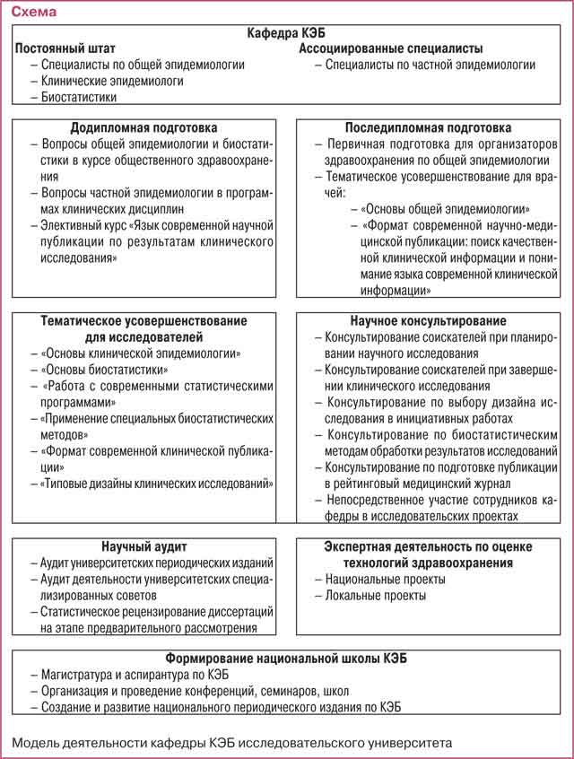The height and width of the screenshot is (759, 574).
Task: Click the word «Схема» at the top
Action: tap(31, 13)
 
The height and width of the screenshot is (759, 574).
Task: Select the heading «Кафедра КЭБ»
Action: tap(286, 33)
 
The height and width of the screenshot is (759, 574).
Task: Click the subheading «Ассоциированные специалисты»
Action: tap(391, 48)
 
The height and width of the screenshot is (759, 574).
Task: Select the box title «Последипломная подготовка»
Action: tap(429, 127)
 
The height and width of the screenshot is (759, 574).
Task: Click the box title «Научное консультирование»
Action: tap(429, 320)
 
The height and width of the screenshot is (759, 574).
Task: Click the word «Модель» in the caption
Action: tap(35, 743)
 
